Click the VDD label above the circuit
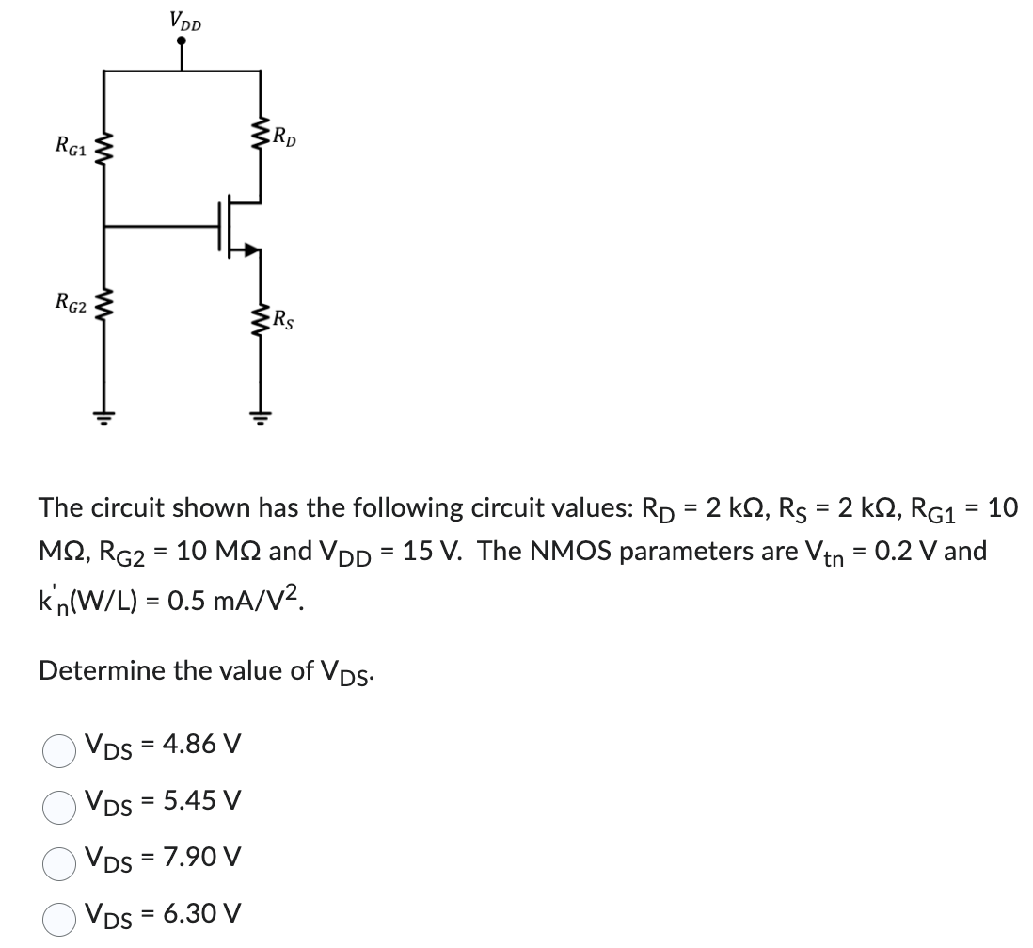pyautogui.click(x=184, y=19)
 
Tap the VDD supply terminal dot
pyautogui.click(x=182, y=41)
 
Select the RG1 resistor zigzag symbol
pyautogui.click(x=103, y=147)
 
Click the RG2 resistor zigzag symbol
pyautogui.click(x=103, y=303)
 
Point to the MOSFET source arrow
pyautogui.click(x=250, y=249)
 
